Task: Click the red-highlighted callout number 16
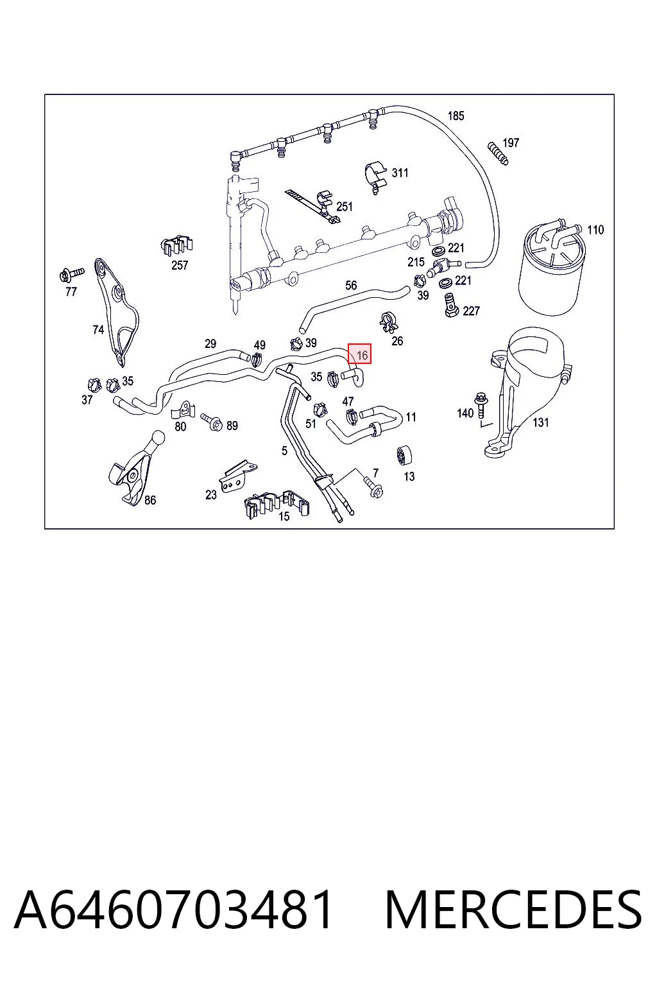(x=359, y=354)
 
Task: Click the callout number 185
(x=456, y=116)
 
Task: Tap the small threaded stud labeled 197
(x=498, y=153)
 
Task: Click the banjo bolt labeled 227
(x=450, y=306)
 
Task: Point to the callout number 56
(x=351, y=285)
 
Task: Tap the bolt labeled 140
(x=480, y=406)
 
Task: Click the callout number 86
(x=150, y=500)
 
